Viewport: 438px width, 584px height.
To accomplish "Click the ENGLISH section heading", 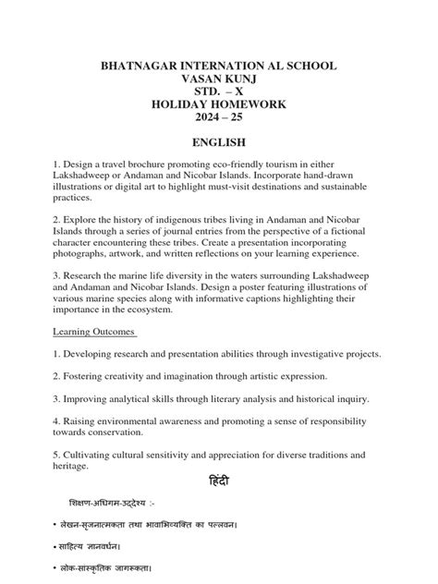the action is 219,143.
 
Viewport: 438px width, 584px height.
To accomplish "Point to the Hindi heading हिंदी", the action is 219,484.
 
